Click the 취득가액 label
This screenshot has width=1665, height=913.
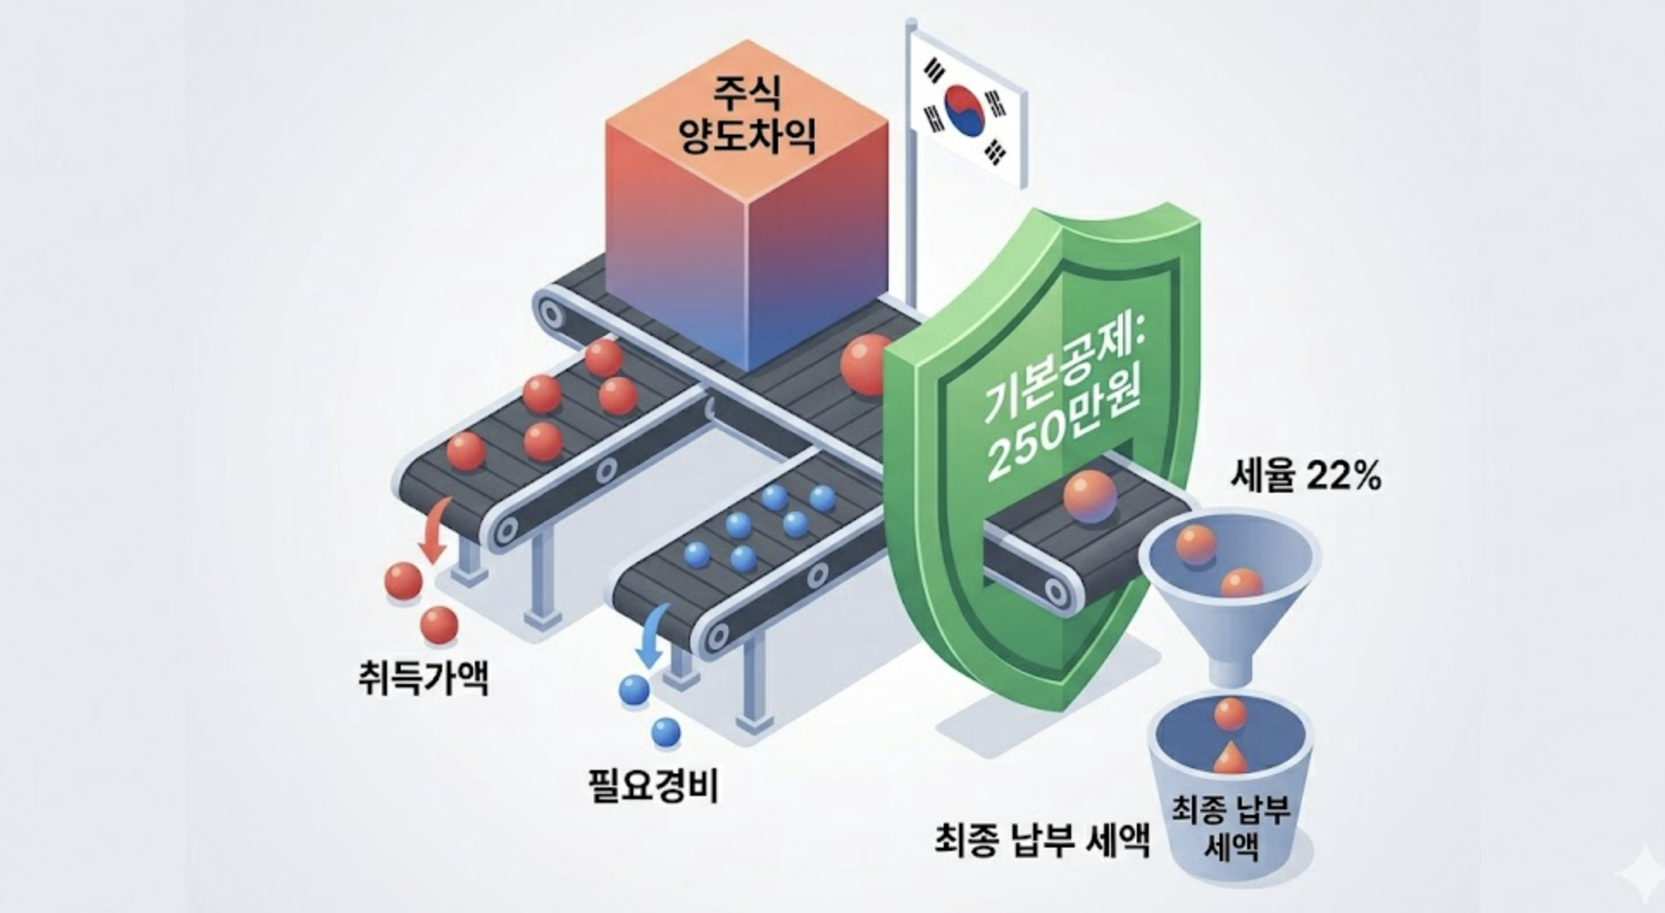coord(423,677)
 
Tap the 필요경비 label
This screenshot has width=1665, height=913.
coord(652,786)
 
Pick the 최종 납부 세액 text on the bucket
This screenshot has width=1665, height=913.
coord(1230,828)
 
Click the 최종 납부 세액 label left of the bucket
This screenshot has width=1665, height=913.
coord(1042,837)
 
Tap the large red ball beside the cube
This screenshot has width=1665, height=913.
coord(864,364)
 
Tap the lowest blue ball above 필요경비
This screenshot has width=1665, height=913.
coord(665,732)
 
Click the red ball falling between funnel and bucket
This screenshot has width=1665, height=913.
coord(1230,713)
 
